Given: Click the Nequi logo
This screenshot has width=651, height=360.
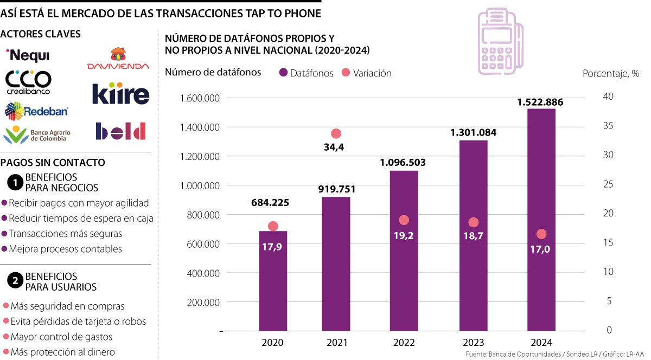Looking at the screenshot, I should click(27, 55).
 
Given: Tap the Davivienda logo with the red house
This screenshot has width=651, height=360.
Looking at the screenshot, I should click(118, 59).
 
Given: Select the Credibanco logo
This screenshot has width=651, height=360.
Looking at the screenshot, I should click(28, 82).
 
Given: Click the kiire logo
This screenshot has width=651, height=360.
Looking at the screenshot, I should click(120, 93).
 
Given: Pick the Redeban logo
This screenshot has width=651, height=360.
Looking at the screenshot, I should click(36, 111).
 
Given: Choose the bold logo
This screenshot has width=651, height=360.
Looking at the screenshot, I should click(120, 131).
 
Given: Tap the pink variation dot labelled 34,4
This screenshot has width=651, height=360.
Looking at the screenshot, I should click(336, 133).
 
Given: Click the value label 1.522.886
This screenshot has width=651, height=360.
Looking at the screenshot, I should click(540, 102).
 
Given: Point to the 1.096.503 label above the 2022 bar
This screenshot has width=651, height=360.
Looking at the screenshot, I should click(403, 162).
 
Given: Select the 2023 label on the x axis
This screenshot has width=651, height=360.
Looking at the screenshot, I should click(474, 343).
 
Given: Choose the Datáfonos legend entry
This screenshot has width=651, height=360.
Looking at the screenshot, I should click(307, 73).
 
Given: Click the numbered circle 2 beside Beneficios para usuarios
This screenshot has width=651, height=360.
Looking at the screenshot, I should click(15, 281).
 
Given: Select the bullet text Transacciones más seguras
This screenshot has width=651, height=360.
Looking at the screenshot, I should click(65, 234).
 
